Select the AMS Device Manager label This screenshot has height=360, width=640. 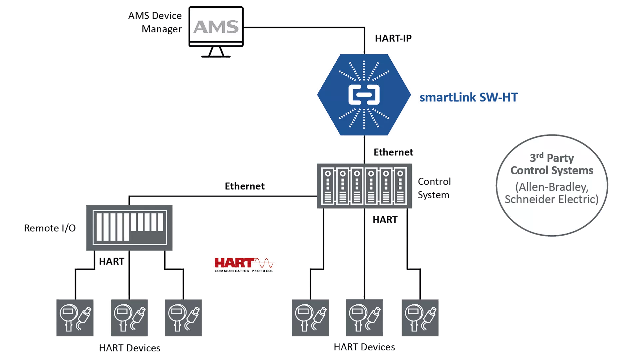[x=155, y=22]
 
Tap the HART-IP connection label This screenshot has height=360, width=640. [x=393, y=38]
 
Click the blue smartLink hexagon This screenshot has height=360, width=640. [x=364, y=95]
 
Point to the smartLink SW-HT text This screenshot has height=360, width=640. [x=468, y=97]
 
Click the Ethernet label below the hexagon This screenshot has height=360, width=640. [x=393, y=152]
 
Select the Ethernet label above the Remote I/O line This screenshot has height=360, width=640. [x=244, y=186]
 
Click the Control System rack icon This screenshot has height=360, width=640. [x=364, y=186]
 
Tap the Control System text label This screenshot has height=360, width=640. [x=434, y=188]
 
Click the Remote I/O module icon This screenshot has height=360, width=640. [x=129, y=228]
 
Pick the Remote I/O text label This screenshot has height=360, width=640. [x=50, y=228]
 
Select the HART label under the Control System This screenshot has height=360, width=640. [x=385, y=220]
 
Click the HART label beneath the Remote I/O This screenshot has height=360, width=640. [x=111, y=261]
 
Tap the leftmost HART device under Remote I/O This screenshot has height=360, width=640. [x=75, y=318]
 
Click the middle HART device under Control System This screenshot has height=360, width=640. [x=364, y=318]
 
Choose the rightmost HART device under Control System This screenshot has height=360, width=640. [x=420, y=318]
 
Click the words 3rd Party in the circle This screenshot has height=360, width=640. [x=552, y=158]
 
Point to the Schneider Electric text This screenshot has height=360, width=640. [x=552, y=199]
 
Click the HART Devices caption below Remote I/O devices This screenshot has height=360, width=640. [x=130, y=348]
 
